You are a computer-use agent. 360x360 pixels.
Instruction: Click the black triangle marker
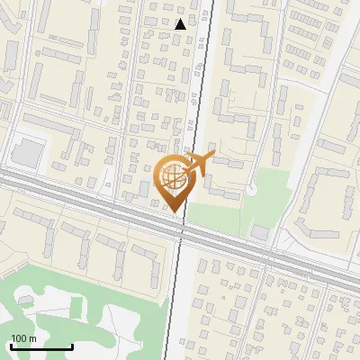click(181, 24)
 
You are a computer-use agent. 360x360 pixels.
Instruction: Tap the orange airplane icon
click(198, 165)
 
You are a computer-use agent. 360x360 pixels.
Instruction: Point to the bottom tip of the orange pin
click(174, 211)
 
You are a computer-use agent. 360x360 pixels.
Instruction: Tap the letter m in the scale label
click(31, 337)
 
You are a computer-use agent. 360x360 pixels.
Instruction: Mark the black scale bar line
click(41, 346)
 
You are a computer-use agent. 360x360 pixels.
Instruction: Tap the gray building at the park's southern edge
click(259, 232)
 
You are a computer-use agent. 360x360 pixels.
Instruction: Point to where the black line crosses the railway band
click(182, 226)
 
